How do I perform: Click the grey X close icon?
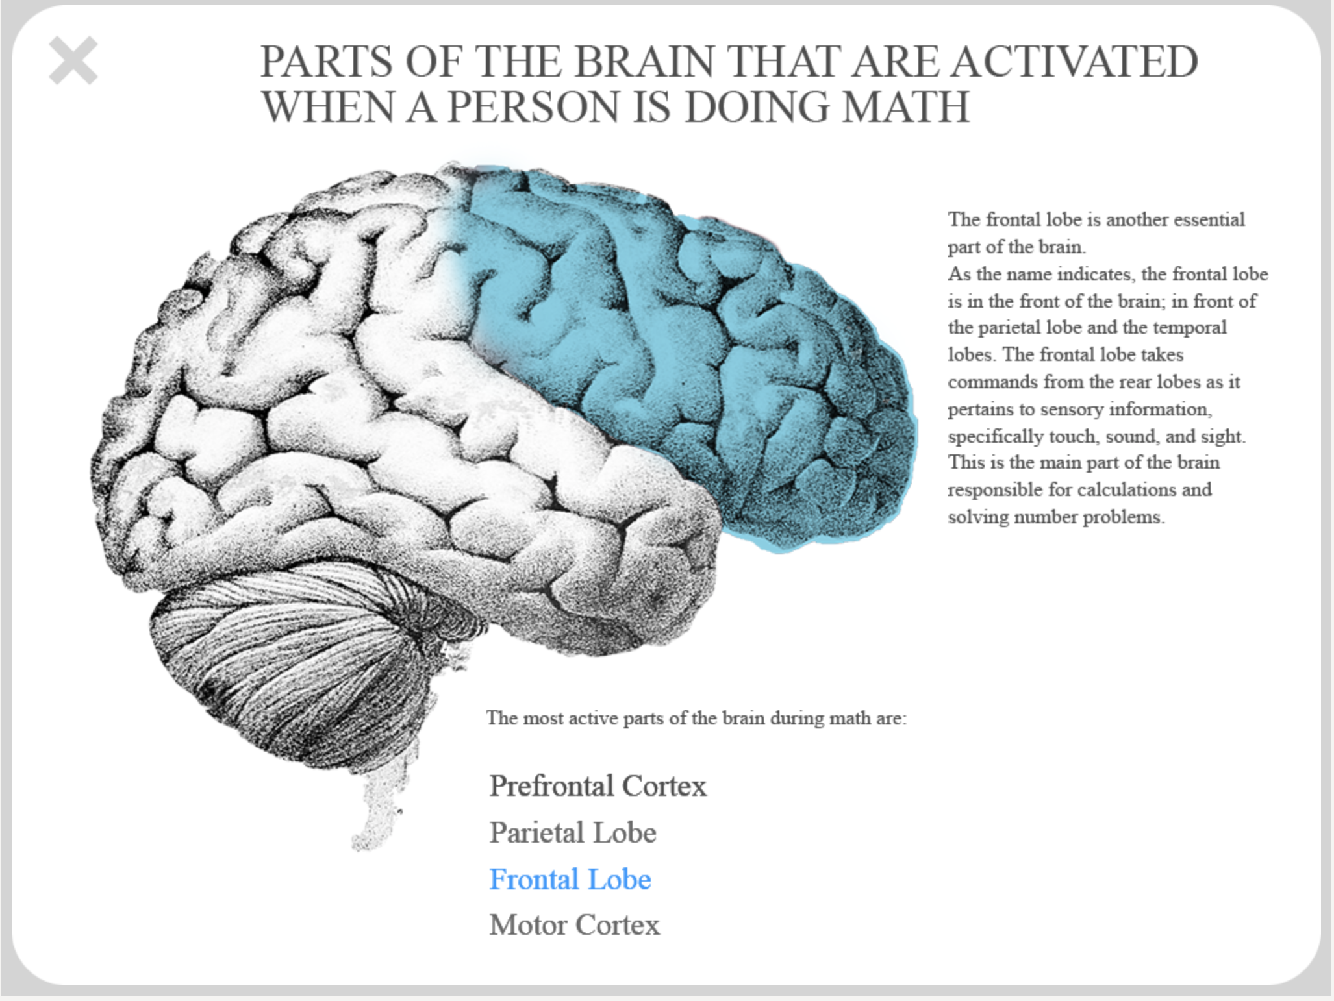(x=73, y=60)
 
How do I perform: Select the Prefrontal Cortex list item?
(x=598, y=786)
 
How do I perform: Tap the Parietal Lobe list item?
(x=573, y=833)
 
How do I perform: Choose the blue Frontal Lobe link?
(x=570, y=880)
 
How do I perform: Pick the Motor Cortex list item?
(x=575, y=925)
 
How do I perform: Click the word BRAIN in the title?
(x=644, y=62)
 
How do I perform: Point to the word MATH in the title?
(x=906, y=106)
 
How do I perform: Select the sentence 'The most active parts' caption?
(x=696, y=718)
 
